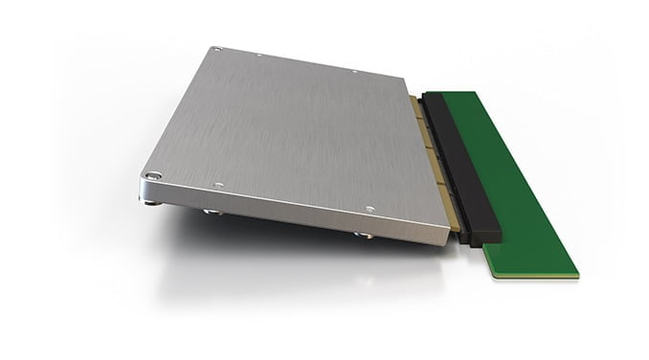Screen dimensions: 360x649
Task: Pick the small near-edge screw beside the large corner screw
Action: pos(219,185)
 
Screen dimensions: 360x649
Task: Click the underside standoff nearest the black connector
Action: pos(363,234)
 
